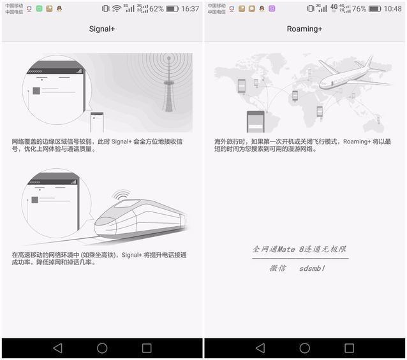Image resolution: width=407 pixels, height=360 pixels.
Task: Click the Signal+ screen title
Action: [102, 29]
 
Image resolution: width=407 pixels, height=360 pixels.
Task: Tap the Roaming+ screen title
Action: [304, 29]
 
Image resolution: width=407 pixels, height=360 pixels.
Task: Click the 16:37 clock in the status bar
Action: [190, 9]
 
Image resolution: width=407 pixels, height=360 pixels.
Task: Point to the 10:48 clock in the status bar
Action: [392, 9]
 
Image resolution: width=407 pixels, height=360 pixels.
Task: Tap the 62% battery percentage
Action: [156, 9]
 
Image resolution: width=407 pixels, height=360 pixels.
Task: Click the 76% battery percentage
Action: [359, 9]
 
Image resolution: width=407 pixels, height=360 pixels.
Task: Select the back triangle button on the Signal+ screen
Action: [57, 348]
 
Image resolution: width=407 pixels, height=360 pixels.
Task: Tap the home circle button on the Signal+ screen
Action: [102, 348]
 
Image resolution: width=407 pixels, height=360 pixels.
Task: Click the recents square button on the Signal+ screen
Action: [147, 348]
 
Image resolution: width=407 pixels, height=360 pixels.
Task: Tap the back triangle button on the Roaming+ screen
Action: [260, 348]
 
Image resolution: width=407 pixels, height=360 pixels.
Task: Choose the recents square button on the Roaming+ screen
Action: [349, 348]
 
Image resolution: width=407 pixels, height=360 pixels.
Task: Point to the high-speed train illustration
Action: [137, 217]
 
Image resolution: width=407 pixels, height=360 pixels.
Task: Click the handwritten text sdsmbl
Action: [312, 268]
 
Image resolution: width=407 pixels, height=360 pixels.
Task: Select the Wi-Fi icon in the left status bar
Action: [117, 9]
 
